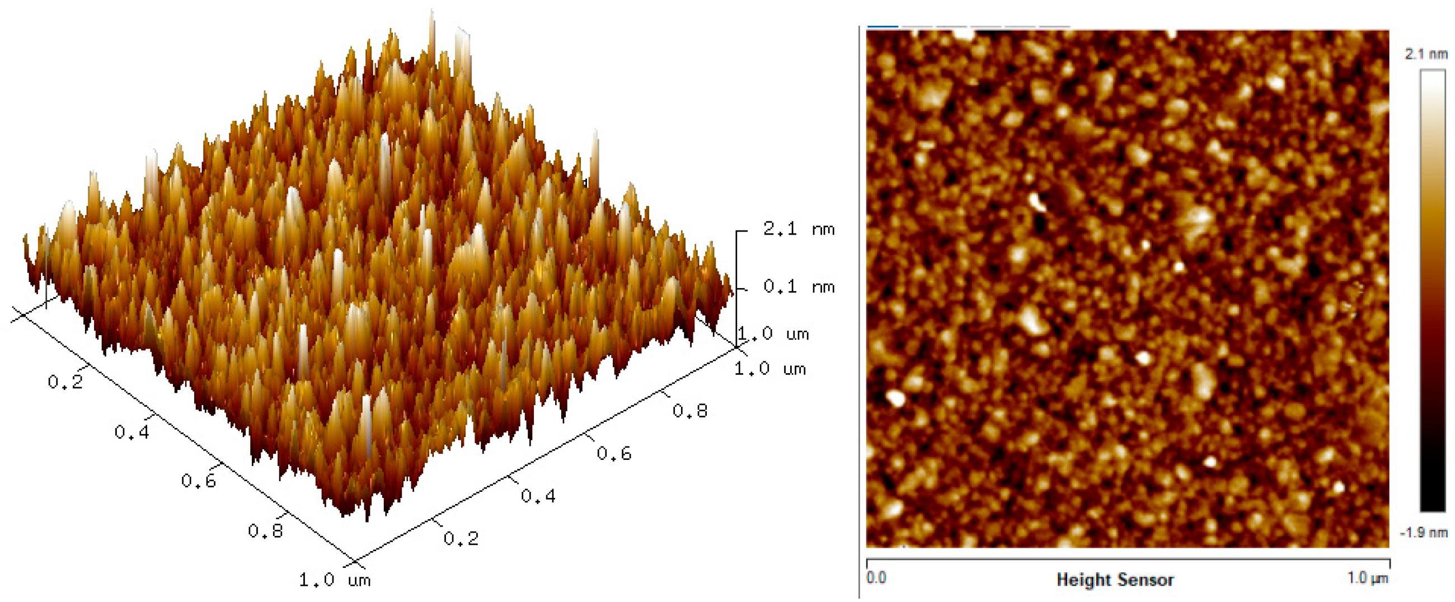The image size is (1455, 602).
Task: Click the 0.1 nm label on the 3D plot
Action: pos(798,287)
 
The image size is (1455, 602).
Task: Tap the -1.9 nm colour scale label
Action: pos(1424,533)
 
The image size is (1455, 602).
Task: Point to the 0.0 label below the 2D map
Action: pos(876,578)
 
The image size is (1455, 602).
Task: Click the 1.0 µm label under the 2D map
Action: pos(1367,578)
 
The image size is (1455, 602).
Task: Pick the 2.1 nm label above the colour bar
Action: pos(1426,54)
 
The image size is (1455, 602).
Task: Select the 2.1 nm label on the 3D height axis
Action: pos(798,229)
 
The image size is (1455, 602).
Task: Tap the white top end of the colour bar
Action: pos(1433,76)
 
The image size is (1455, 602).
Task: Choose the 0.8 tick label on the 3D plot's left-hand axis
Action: pos(265,531)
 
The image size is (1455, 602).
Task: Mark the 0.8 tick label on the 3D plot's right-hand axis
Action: pos(689,411)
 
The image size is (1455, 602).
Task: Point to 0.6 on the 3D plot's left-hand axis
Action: pos(198,481)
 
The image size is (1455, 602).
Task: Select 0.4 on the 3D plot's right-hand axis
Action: pos(538,496)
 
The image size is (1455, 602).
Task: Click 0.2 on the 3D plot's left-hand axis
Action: pos(65,382)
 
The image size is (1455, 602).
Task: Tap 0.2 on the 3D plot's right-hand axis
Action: pos(461,538)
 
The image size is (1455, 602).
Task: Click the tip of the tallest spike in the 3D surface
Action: pos(432,12)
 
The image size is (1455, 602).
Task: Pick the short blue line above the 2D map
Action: pos(883,26)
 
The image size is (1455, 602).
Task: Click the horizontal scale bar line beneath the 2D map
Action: pos(1128,559)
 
